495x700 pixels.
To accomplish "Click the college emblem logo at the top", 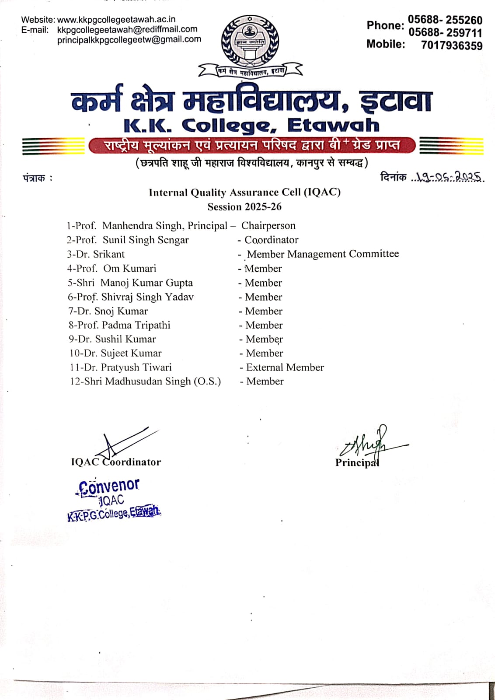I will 250,42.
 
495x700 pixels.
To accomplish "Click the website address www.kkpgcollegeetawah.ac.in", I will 116,20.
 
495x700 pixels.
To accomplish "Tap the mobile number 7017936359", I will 452,45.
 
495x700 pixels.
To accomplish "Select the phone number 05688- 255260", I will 445,20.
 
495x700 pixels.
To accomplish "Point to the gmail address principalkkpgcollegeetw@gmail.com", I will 129,39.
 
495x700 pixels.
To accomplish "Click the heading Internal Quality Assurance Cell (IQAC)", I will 244,192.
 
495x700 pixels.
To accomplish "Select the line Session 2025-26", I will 244,206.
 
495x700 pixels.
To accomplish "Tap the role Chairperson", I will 268,226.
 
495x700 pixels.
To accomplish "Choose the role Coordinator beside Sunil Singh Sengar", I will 271,240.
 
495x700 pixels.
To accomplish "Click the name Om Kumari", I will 129,268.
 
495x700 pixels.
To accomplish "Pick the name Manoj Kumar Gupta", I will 146,283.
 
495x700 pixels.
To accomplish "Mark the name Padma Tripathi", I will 136,325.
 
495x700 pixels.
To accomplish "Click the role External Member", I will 285,367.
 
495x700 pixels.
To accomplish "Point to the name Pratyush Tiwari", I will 136,367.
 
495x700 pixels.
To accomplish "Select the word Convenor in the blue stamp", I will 109,486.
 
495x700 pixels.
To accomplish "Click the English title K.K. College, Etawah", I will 251,126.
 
